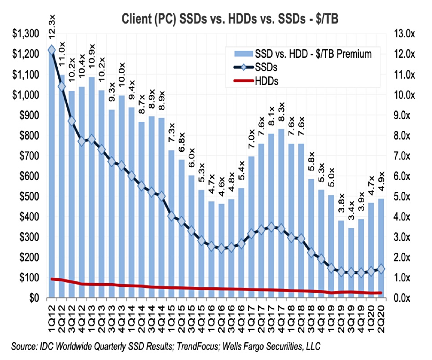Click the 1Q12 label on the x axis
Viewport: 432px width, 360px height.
51,316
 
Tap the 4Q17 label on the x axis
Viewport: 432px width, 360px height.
281,316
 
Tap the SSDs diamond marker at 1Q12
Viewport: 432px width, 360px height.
51,50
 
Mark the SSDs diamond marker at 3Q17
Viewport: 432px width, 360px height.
271,227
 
